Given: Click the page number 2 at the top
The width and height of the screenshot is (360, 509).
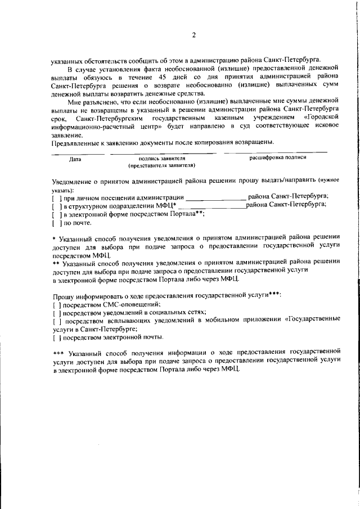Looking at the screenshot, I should [x=193, y=35].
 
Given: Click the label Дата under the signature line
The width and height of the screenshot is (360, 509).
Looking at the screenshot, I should [x=75, y=159].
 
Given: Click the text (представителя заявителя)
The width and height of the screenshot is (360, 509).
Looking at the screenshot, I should [x=162, y=166].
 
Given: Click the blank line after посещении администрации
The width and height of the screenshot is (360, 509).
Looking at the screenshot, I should [x=215, y=197].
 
